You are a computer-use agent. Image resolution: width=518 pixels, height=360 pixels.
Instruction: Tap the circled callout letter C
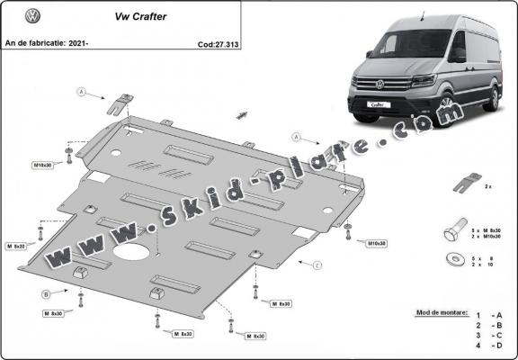317,265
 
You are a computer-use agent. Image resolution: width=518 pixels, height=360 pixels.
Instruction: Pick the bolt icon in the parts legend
452,231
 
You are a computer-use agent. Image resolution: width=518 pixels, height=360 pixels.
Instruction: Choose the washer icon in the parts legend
451,261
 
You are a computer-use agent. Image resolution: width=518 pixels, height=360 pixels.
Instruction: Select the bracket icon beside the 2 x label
462,184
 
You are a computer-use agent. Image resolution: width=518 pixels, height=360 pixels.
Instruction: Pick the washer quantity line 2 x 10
482,265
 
